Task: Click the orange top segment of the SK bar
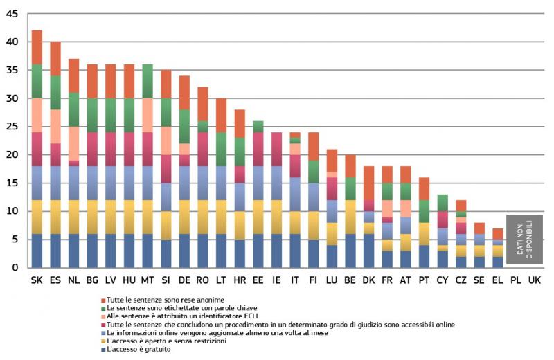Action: (37, 47)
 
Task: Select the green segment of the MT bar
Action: (147, 81)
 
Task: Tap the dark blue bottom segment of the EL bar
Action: (497, 262)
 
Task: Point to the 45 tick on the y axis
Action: (13, 14)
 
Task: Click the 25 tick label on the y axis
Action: (13, 127)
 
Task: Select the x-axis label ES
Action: (55, 280)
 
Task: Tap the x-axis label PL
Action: (515, 280)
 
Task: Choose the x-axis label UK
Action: (534, 280)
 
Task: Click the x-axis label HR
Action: (239, 280)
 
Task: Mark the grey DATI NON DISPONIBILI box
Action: (524, 239)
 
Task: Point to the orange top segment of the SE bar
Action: (479, 228)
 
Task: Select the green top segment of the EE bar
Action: (258, 126)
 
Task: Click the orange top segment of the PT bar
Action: (423, 188)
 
